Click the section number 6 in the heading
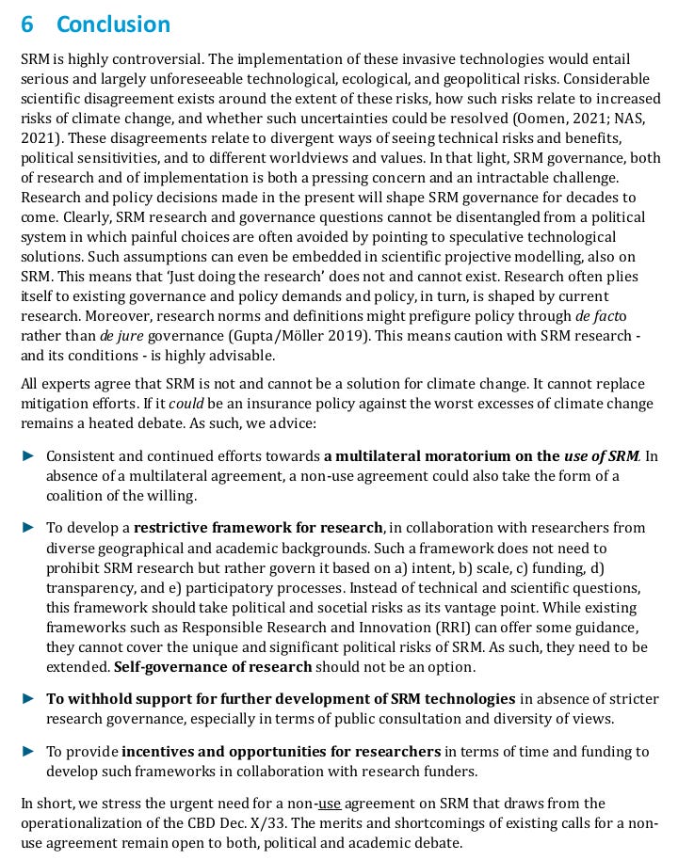tap(27, 24)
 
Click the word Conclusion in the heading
tap(113, 24)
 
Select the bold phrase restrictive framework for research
tap(258, 528)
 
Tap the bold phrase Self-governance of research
tap(213, 667)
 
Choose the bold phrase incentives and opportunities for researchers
tap(281, 751)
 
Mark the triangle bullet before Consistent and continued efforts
tap(28, 456)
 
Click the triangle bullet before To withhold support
tap(28, 699)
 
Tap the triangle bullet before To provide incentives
tap(28, 751)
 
